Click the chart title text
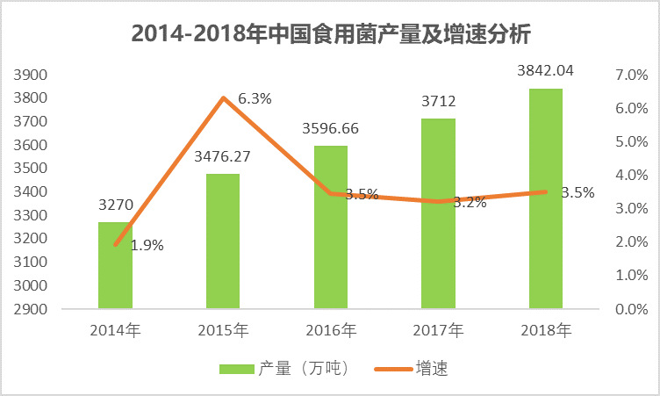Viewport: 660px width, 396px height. point(330,33)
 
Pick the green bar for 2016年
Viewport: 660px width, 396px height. point(330,227)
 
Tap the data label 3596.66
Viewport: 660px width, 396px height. point(330,128)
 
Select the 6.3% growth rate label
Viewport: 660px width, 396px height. point(255,99)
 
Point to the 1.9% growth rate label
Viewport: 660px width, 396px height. point(147,246)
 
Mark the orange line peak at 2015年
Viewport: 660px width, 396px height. point(223,97)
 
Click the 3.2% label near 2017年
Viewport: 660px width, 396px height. point(470,202)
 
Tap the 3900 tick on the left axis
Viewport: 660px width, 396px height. point(31,75)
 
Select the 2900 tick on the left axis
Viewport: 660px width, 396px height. point(31,309)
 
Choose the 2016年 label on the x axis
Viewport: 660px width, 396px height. point(330,331)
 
